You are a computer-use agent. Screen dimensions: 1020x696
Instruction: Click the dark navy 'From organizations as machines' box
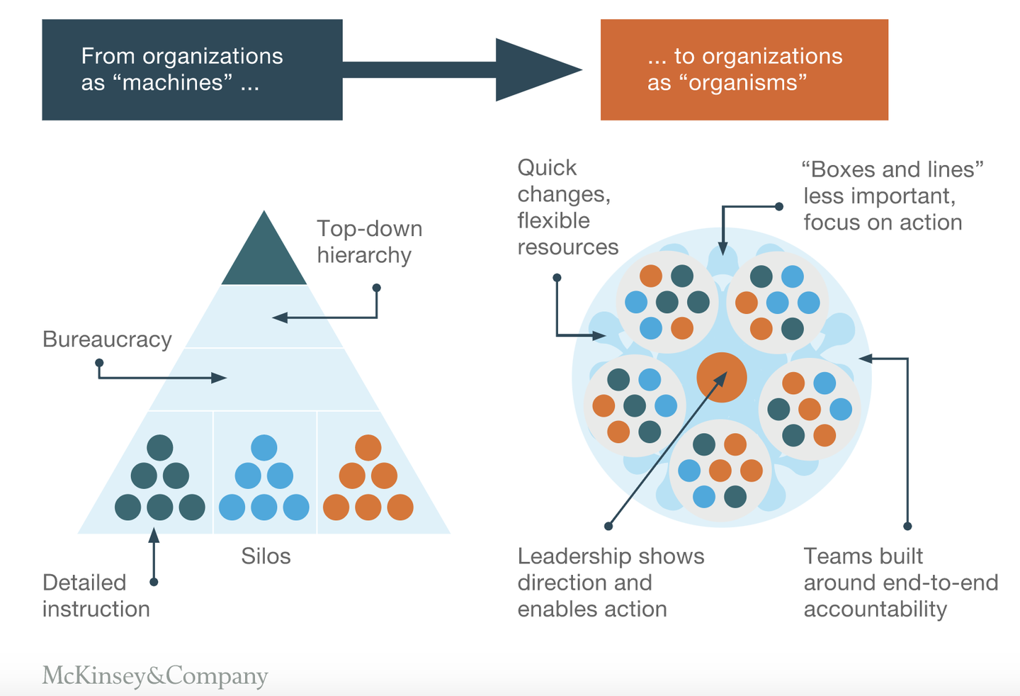tap(192, 69)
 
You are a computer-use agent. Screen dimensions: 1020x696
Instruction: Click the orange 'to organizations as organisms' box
tap(744, 69)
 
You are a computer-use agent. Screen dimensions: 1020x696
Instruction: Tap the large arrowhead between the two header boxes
tap(538, 69)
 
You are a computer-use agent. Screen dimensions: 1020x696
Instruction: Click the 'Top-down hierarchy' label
tap(370, 242)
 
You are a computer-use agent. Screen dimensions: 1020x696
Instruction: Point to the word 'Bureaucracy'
tap(107, 339)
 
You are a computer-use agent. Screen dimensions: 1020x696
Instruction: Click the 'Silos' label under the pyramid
tap(266, 556)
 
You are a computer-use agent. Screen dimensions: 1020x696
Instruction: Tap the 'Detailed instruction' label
tap(96, 596)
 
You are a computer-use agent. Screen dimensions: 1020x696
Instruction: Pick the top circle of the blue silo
tap(264, 448)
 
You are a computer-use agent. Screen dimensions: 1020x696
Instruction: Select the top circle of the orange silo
tap(368, 448)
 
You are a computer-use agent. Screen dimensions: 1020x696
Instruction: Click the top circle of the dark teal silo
tap(160, 448)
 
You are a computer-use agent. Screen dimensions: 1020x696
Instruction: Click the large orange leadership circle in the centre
tap(722, 377)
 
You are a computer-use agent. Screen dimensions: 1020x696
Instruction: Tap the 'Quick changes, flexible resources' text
tap(568, 208)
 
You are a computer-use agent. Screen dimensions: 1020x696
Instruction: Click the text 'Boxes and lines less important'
tap(892, 183)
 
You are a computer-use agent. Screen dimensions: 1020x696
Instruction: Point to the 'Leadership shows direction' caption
tap(611, 569)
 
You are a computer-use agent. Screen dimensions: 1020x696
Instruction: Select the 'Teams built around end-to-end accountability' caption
tap(901, 583)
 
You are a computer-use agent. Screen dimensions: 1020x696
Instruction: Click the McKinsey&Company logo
tap(155, 675)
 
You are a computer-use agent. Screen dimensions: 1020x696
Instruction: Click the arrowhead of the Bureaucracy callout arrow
tap(219, 378)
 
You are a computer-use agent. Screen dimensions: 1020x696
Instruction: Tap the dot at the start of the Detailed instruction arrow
tap(154, 582)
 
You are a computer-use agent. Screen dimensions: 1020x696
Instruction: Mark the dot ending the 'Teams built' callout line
tap(907, 526)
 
